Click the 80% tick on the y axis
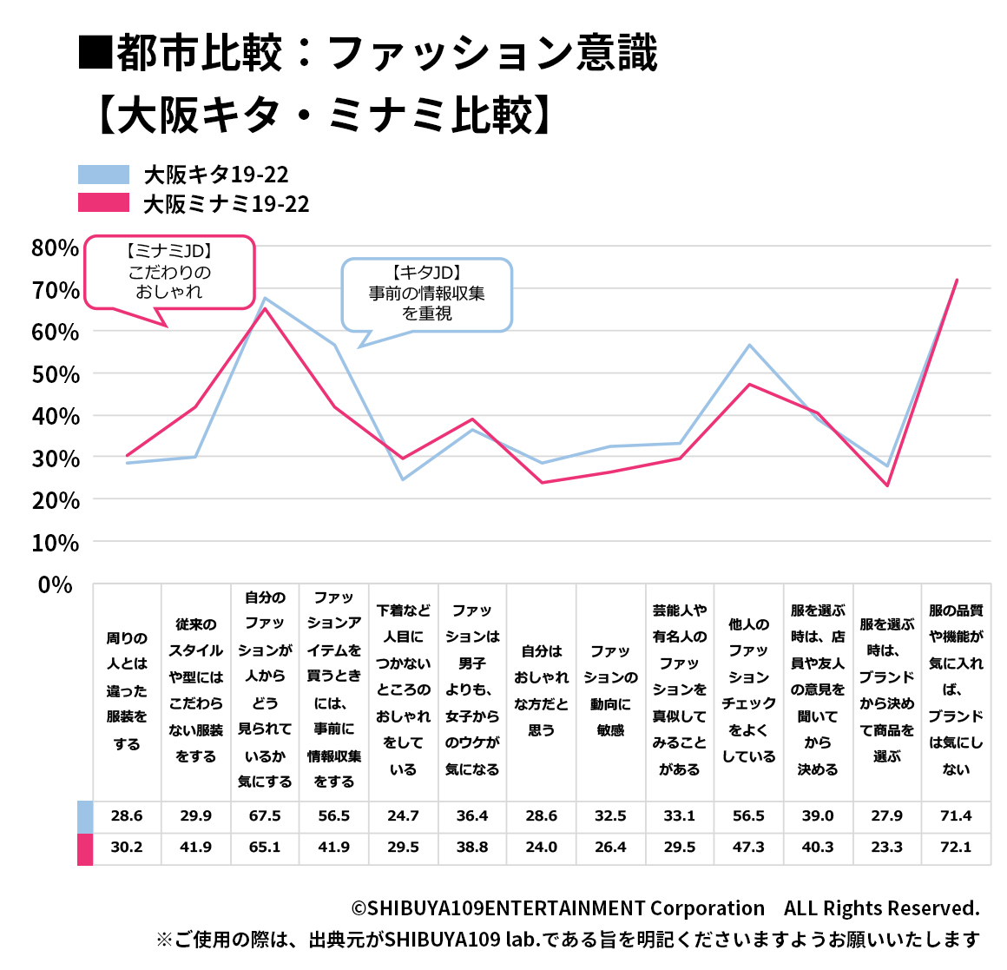click(55, 248)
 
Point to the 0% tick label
click(55, 584)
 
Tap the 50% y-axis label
click(55, 374)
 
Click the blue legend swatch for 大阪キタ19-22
click(103, 175)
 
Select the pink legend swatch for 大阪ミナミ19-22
click(103, 203)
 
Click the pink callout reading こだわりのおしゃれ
click(169, 272)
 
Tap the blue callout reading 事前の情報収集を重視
click(426, 294)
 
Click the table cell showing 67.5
click(265, 816)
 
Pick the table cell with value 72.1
click(956, 848)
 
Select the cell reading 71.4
click(956, 816)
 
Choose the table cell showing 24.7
click(403, 816)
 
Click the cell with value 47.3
click(748, 848)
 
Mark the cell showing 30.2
click(127, 848)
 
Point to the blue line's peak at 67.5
click(265, 299)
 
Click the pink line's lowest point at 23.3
click(886, 485)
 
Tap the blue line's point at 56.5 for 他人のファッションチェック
click(748, 346)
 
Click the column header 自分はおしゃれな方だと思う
click(541, 690)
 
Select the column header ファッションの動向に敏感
click(610, 690)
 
